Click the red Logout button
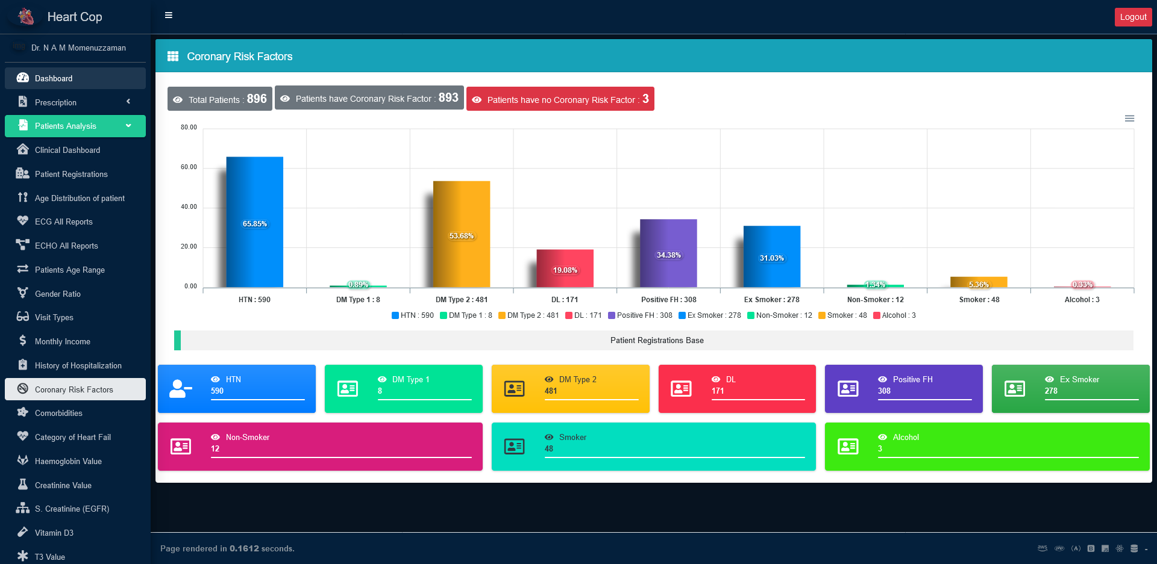[x=1133, y=17]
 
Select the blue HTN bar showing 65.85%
[x=254, y=222]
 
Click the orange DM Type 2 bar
[x=462, y=234]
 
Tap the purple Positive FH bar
[x=668, y=253]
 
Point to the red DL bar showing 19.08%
[x=565, y=268]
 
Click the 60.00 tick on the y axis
[x=189, y=167]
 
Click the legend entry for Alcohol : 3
[x=895, y=315]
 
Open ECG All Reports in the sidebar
[x=64, y=222]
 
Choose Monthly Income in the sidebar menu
[x=63, y=342]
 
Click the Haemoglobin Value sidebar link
[x=68, y=462]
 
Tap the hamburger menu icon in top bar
[x=169, y=16]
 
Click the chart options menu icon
[x=1129, y=119]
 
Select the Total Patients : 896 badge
[x=220, y=99]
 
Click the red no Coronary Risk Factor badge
[x=560, y=99]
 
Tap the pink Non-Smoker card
[x=320, y=447]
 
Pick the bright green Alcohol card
[x=986, y=447]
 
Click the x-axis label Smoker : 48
[x=979, y=300]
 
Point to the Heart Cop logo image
[x=26, y=17]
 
